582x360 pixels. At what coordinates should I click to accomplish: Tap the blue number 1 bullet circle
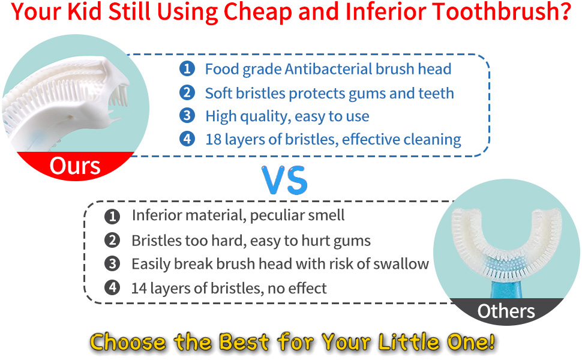click(187, 68)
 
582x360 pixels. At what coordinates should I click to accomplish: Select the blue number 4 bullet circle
click(187, 139)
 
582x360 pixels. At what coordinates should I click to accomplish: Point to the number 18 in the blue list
click(214, 140)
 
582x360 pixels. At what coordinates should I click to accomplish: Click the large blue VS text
click(284, 181)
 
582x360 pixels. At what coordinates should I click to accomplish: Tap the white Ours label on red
click(75, 166)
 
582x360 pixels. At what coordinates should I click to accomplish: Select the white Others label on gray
click(506, 311)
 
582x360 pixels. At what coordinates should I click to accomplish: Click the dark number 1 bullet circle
click(112, 217)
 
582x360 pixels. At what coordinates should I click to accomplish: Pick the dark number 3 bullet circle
click(112, 264)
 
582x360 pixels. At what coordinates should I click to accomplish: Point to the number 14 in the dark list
click(139, 289)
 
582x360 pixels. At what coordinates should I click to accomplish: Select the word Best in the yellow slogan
click(244, 342)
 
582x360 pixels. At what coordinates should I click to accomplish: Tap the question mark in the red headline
click(564, 12)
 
